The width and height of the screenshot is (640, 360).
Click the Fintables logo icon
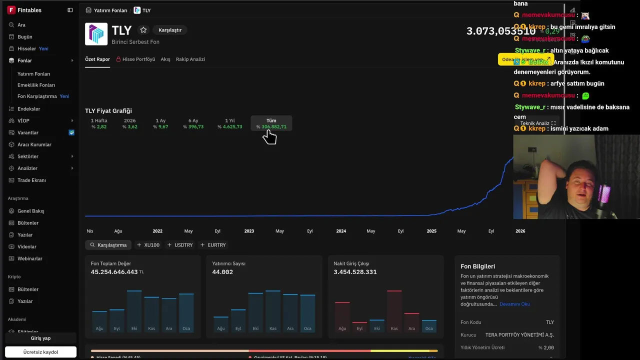click(x=11, y=10)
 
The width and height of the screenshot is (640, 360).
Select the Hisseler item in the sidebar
click(x=26, y=48)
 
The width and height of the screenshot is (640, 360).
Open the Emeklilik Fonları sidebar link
click(x=36, y=85)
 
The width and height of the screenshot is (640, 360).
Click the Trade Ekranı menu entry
click(x=31, y=180)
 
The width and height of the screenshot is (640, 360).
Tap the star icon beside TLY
click(x=143, y=30)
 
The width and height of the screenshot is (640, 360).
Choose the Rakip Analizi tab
click(x=190, y=59)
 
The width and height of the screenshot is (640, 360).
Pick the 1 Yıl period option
click(x=230, y=123)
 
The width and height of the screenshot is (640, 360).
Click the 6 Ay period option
click(x=193, y=123)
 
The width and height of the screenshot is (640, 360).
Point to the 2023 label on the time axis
click(x=249, y=231)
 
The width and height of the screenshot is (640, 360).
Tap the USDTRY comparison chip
click(x=180, y=245)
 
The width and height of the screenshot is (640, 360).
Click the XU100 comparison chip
click(x=148, y=245)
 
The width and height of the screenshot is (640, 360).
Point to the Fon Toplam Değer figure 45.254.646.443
click(x=114, y=272)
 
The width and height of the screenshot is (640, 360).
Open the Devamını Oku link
click(x=514, y=304)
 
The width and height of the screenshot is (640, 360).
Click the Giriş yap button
click(x=40, y=338)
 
